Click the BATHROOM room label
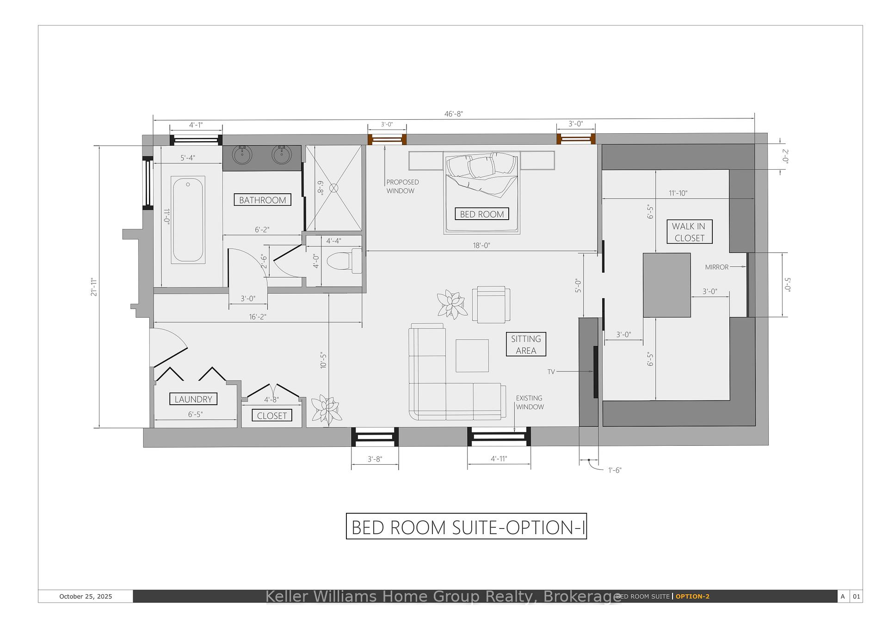tap(262, 200)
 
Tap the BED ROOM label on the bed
tap(482, 214)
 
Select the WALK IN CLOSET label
tap(689, 232)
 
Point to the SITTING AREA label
tap(526, 344)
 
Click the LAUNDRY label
tap(193, 399)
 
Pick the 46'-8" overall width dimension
tap(454, 114)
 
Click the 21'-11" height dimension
tap(94, 287)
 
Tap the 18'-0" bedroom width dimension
tap(481, 246)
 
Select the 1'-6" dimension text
tap(615, 470)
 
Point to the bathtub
tap(188, 220)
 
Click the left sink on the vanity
tap(242, 154)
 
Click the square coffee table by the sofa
tap(472, 356)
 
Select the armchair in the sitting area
tap(491, 304)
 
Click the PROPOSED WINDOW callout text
tap(402, 186)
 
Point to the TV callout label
tap(551, 372)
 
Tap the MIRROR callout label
tap(717, 267)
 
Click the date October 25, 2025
tap(86, 597)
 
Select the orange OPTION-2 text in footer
tap(692, 597)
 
